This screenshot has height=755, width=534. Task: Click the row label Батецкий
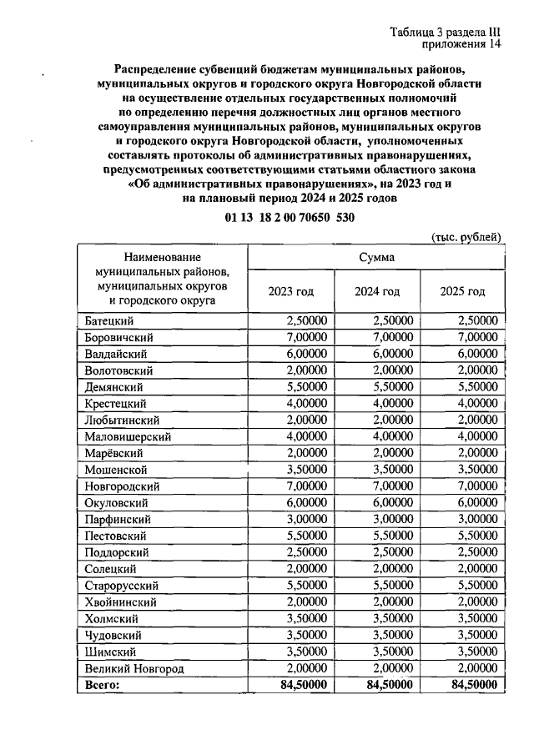(109, 320)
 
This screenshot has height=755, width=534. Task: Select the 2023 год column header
(290, 292)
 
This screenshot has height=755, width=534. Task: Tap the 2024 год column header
(378, 292)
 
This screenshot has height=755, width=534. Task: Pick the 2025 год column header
(462, 292)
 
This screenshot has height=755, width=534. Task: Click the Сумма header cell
(377, 257)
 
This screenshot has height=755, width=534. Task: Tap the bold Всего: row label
(103, 685)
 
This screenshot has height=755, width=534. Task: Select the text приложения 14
(462, 46)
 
